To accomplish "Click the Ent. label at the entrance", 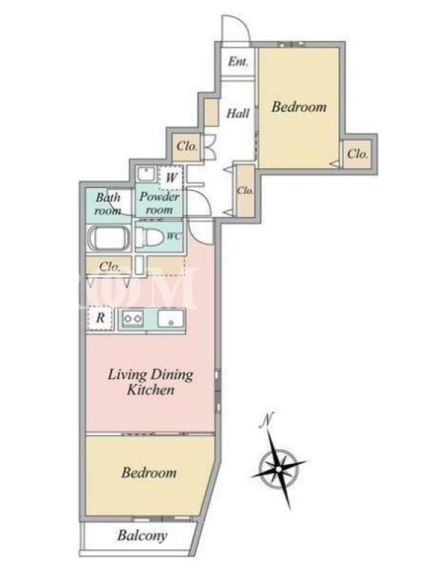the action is pyautogui.click(x=238, y=62).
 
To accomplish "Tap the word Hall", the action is pyautogui.click(x=238, y=113).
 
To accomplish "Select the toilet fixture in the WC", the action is pyautogui.click(x=149, y=237).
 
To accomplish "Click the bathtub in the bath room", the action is pyautogui.click(x=109, y=238).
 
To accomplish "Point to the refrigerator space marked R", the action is pyautogui.click(x=100, y=318).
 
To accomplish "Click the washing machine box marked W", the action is pyautogui.click(x=171, y=177).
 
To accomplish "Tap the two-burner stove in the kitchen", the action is pyautogui.click(x=133, y=318).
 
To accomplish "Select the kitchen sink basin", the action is pyautogui.click(x=171, y=318).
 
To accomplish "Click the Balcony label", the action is pyautogui.click(x=142, y=536).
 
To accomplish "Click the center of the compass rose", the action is pyautogui.click(x=278, y=468).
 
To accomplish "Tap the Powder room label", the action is pyautogui.click(x=159, y=203).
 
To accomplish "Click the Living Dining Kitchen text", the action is pyautogui.click(x=150, y=382).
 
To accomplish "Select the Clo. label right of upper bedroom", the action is pyautogui.click(x=357, y=153).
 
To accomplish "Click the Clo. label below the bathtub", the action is pyautogui.click(x=110, y=266).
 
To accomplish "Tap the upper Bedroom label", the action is pyautogui.click(x=299, y=107).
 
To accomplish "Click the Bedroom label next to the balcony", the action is pyautogui.click(x=149, y=473).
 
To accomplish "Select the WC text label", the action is pyautogui.click(x=174, y=237).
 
